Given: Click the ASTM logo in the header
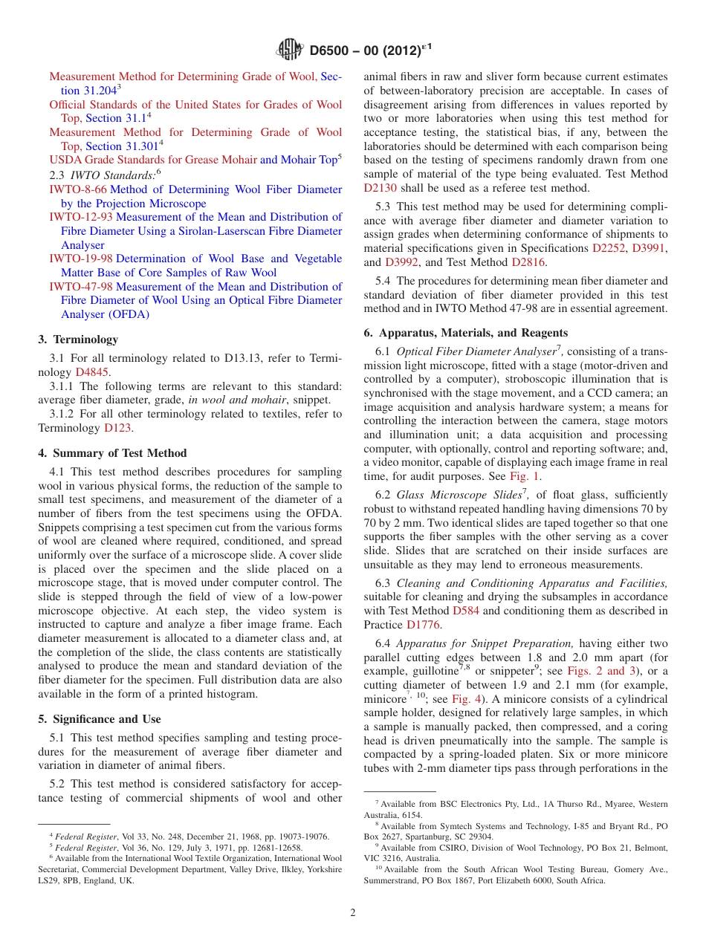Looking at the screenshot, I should (289, 51).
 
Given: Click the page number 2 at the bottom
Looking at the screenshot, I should (353, 913).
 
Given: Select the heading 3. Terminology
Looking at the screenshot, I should (78, 340).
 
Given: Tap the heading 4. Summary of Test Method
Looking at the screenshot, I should (112, 453).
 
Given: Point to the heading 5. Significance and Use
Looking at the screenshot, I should (100, 719).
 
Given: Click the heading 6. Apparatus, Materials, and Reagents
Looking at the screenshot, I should (466, 333).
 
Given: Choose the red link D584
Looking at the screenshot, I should (465, 611).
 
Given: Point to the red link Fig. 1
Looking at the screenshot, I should (525, 476).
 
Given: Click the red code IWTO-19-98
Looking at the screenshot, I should (81, 259).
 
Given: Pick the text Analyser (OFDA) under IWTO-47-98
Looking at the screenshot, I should (105, 314).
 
